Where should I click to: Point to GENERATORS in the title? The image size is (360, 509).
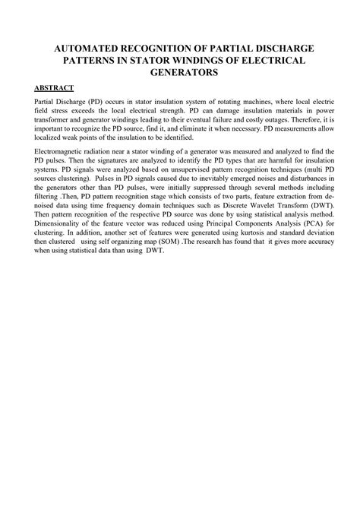click(x=180, y=72)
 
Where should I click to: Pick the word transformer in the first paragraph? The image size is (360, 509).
click(x=53, y=120)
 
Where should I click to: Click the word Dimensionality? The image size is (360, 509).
click(x=62, y=226)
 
